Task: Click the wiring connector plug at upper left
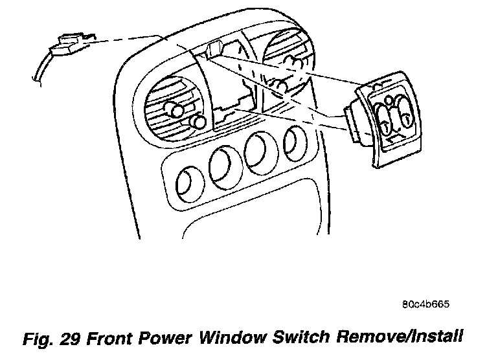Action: pyautogui.click(x=70, y=44)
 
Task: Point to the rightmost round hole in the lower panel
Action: pyautogui.click(x=295, y=138)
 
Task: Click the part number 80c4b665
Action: pyautogui.click(x=425, y=303)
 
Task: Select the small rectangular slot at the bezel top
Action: pyautogui.click(x=216, y=48)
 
